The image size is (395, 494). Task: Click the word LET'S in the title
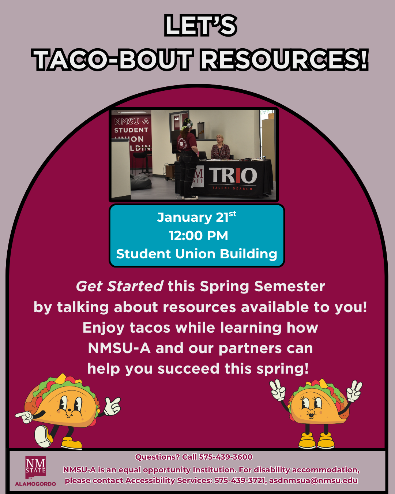(x=200, y=26)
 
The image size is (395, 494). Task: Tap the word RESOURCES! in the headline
(x=284, y=60)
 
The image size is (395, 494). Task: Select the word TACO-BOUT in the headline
(x=113, y=60)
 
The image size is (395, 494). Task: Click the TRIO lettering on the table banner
(x=233, y=176)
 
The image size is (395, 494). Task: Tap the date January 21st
(x=196, y=217)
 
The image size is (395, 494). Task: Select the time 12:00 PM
(x=198, y=236)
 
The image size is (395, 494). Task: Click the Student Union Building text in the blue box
(x=197, y=254)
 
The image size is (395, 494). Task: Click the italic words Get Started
(x=119, y=287)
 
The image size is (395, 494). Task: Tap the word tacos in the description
(x=150, y=328)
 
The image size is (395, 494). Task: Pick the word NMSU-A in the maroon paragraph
(x=119, y=348)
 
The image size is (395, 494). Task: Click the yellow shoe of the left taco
(x=72, y=444)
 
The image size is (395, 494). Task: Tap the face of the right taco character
(x=311, y=406)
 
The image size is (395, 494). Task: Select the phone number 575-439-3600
(x=226, y=457)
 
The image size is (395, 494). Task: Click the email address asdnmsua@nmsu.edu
(x=313, y=480)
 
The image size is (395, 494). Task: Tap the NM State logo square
(x=35, y=467)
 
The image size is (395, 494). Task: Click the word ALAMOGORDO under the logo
(x=35, y=484)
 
